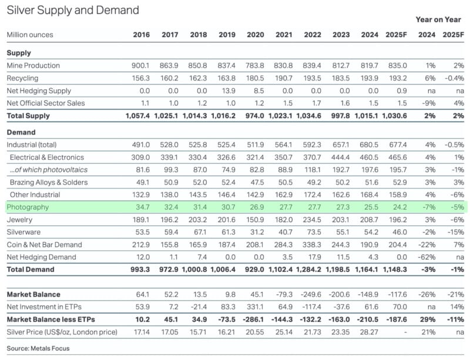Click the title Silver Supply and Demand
click(73, 11)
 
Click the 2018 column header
click(199, 35)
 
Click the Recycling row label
click(22, 78)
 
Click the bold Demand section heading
click(21, 133)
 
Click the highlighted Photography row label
click(28, 207)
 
